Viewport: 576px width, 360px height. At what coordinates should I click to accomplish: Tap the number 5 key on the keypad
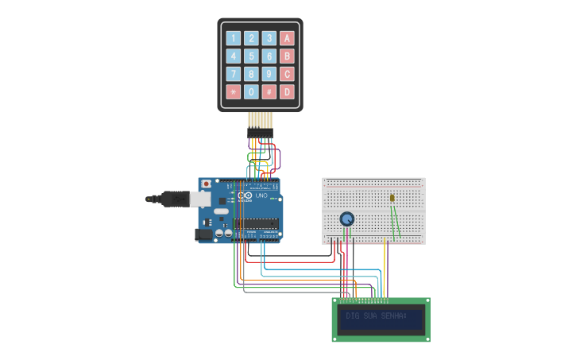pos(251,56)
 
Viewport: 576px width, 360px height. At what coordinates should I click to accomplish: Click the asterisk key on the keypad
pos(233,91)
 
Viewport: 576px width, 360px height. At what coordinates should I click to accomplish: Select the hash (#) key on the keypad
pos(269,91)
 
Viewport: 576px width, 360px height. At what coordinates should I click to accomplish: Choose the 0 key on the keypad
pos(251,91)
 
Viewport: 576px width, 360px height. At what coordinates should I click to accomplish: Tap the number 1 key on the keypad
pos(233,38)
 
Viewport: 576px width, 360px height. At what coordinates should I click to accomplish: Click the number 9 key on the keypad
pos(269,74)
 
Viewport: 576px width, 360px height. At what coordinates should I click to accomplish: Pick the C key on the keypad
pos(287,74)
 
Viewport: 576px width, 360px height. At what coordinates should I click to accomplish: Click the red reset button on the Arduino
pos(207,184)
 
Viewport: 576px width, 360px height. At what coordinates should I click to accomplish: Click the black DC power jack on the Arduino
pos(203,234)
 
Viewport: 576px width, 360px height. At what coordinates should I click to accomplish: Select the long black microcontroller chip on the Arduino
pos(256,223)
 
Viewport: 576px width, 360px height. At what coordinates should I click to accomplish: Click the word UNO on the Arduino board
pos(261,195)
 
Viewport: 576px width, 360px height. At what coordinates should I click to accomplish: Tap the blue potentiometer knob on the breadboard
pos(346,219)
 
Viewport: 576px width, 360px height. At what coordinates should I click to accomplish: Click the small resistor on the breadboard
pos(392,198)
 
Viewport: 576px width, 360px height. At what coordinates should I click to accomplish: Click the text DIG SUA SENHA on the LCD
pos(376,316)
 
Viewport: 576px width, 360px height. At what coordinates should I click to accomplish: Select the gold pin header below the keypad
pos(260,120)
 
